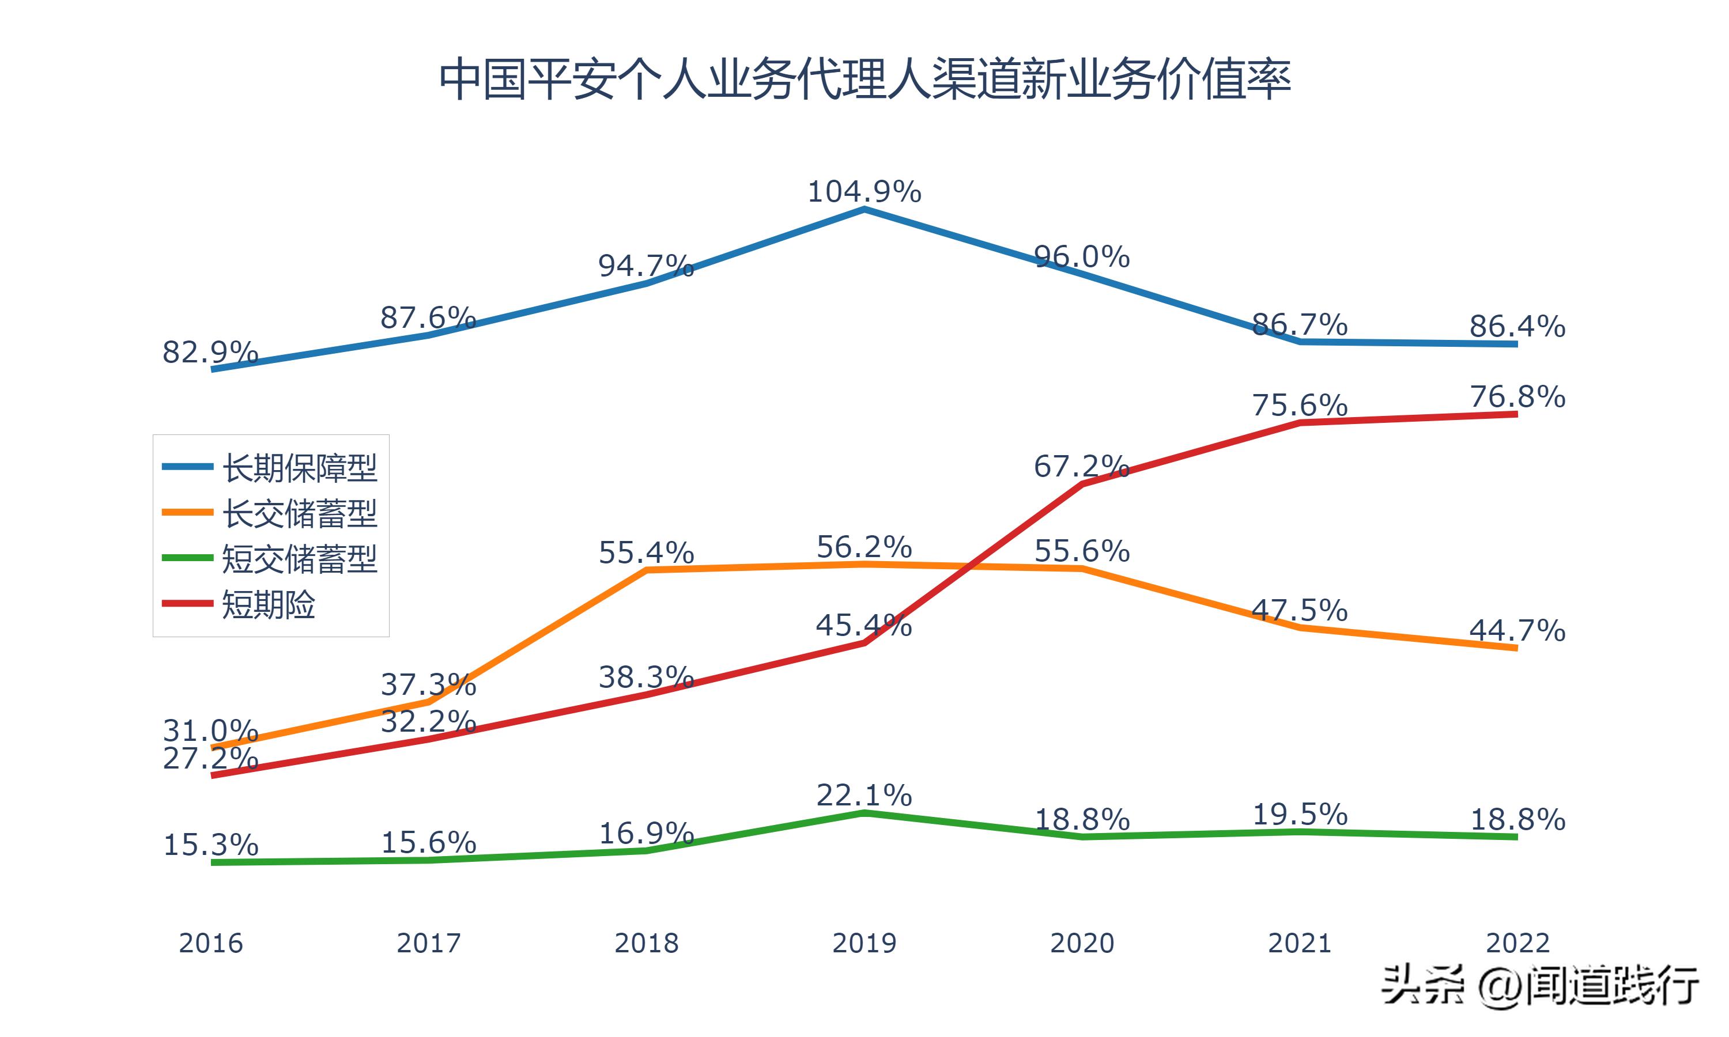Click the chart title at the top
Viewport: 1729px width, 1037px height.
coord(864,79)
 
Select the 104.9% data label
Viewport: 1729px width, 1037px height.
coord(864,191)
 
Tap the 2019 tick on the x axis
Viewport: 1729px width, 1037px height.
coord(864,943)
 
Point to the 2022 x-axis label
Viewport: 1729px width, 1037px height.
coord(1517,943)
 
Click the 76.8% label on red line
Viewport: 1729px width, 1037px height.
coord(1517,397)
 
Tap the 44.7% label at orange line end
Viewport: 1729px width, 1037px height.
coord(1517,631)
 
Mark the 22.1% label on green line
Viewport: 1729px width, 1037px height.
coord(864,795)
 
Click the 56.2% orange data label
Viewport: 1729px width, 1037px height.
coord(864,547)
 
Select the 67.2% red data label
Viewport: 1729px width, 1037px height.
coord(1081,466)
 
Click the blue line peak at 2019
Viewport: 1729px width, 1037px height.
coord(864,209)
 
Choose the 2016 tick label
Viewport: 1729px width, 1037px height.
coord(210,943)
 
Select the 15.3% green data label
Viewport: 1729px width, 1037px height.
coord(210,846)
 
